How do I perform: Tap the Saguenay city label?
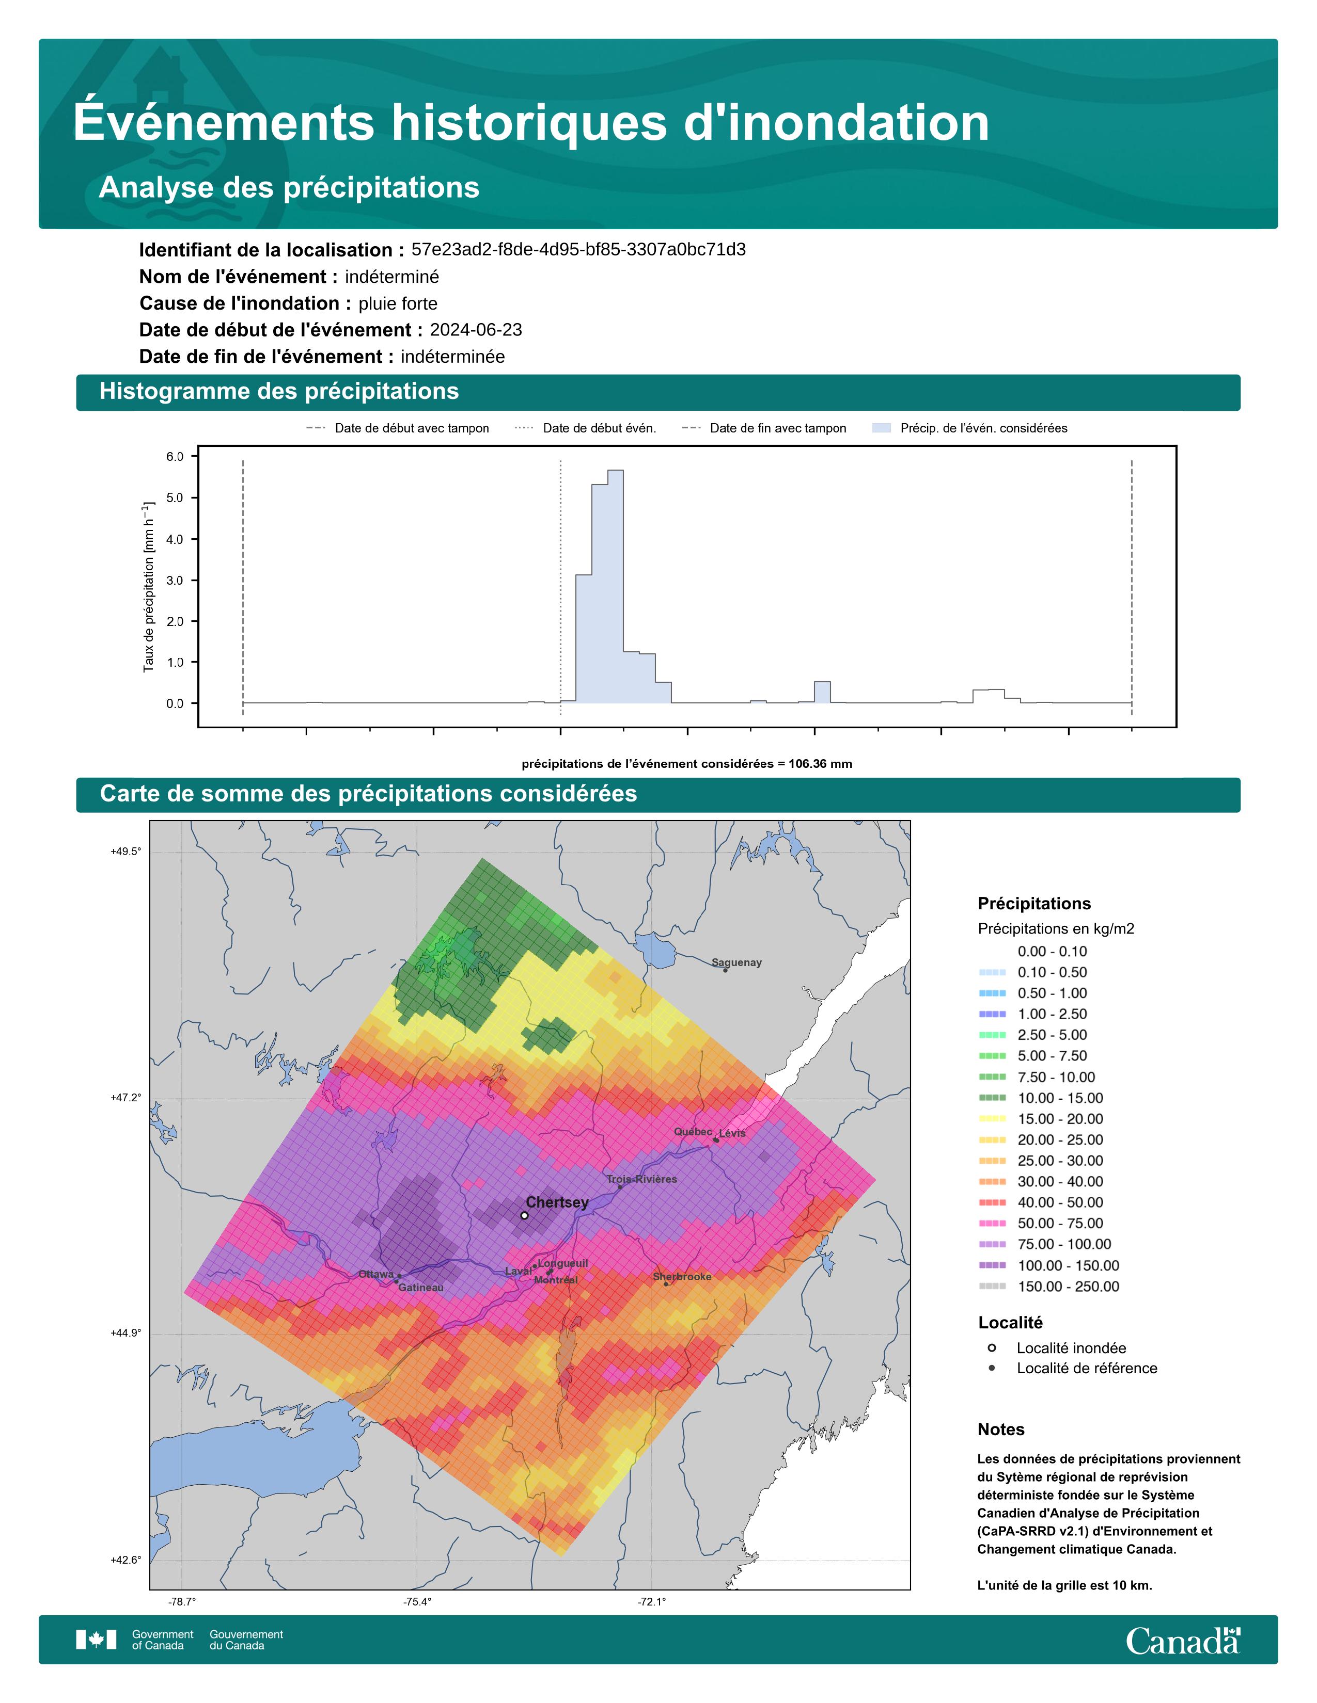[x=736, y=962]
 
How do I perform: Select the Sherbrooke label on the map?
[x=682, y=1276]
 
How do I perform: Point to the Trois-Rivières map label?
[x=641, y=1179]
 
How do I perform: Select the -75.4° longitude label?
[x=417, y=1602]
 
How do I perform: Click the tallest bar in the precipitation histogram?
[x=615, y=586]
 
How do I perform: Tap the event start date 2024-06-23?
[x=476, y=330]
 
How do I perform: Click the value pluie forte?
[x=398, y=303]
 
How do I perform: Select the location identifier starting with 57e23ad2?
[x=578, y=250]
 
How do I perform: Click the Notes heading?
[x=1000, y=1429]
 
